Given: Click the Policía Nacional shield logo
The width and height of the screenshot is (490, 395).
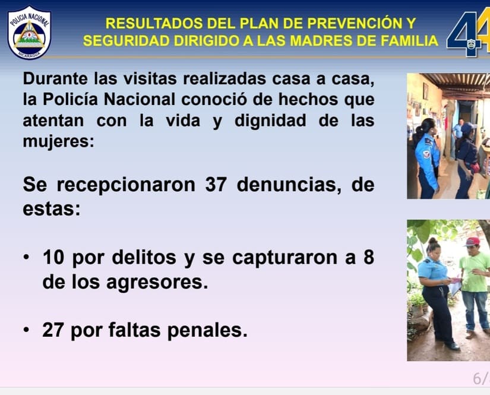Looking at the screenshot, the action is pyautogui.click(x=29, y=33).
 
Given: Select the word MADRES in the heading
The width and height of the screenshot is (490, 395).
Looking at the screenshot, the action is pyautogui.click(x=321, y=40).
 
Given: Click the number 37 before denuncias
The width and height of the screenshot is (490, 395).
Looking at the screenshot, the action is pyautogui.click(x=216, y=184).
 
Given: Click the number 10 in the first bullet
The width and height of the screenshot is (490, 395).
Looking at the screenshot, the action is pyautogui.click(x=53, y=258).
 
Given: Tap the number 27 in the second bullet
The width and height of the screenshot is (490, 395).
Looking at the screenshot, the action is pyautogui.click(x=53, y=330).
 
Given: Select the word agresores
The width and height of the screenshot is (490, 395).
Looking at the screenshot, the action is pyautogui.click(x=157, y=283).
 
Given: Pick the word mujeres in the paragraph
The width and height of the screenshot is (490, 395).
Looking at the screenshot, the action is pyautogui.click(x=58, y=141).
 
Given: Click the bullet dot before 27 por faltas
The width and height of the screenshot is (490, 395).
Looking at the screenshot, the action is pyautogui.click(x=26, y=330).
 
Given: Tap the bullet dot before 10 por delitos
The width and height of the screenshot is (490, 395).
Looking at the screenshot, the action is pyautogui.click(x=26, y=258).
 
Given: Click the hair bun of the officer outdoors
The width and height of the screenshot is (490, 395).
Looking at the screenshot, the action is pyautogui.click(x=433, y=241).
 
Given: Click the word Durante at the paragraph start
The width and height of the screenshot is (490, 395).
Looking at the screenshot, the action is pyautogui.click(x=55, y=78).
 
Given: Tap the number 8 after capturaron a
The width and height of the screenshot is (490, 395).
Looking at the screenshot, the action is pyautogui.click(x=369, y=258).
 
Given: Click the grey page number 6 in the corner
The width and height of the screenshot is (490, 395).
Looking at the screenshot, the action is pyautogui.click(x=478, y=378).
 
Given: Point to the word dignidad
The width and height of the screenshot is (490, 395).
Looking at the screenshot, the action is pyautogui.click(x=270, y=121).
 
